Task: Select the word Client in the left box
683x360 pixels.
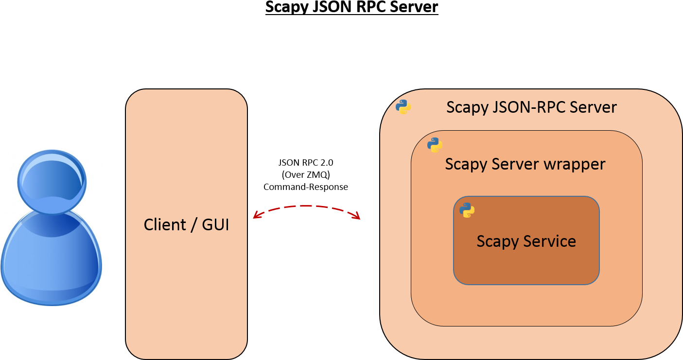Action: [164, 225]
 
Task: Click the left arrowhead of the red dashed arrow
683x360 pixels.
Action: [256, 216]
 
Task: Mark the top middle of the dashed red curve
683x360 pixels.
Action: [306, 206]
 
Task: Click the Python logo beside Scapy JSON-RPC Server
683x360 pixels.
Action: [403, 106]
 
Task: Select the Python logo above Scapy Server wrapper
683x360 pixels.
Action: [435, 145]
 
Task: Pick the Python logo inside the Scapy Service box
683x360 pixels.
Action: [467, 210]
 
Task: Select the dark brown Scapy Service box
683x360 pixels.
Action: [526, 267]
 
